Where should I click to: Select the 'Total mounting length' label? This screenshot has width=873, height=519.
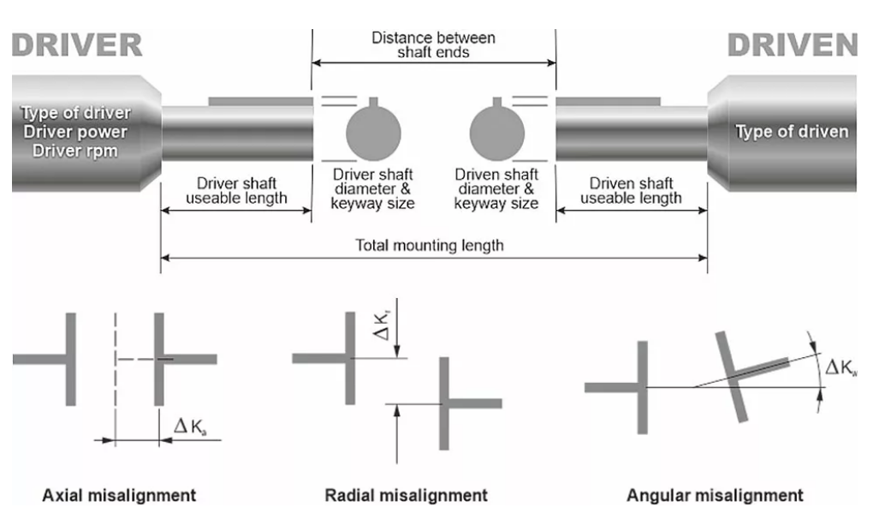[430, 246]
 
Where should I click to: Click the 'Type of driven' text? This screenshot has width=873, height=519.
[792, 132]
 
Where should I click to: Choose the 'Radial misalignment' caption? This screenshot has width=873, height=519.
[406, 495]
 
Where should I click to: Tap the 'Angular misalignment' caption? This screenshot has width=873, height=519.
[715, 495]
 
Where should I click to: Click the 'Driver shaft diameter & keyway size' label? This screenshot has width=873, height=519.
[372, 189]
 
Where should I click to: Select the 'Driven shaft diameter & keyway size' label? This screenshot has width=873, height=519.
[496, 189]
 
